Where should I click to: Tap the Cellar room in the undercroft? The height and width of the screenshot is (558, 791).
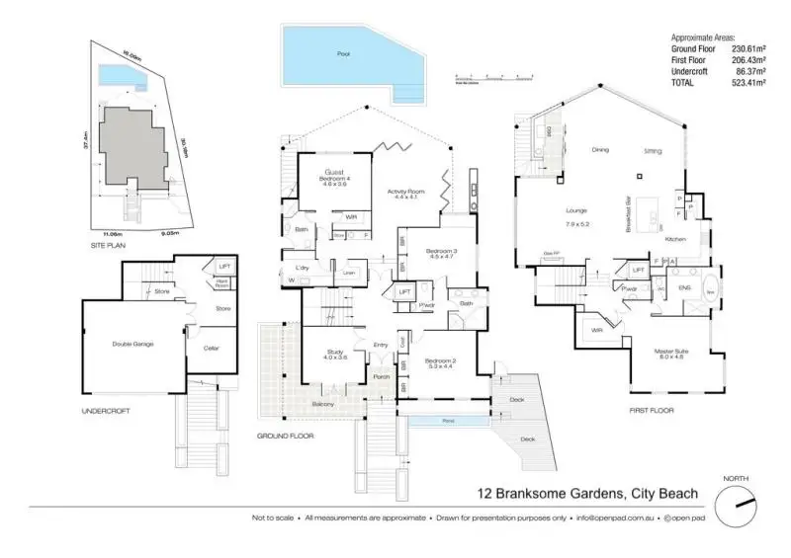[x=211, y=348]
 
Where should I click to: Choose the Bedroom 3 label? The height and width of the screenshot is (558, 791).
[x=441, y=253]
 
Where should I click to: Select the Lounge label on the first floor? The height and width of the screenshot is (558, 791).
[x=576, y=211]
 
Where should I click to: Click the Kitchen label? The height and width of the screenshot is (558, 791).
[x=675, y=240]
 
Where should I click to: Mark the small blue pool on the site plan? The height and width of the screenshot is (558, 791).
[x=120, y=76]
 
